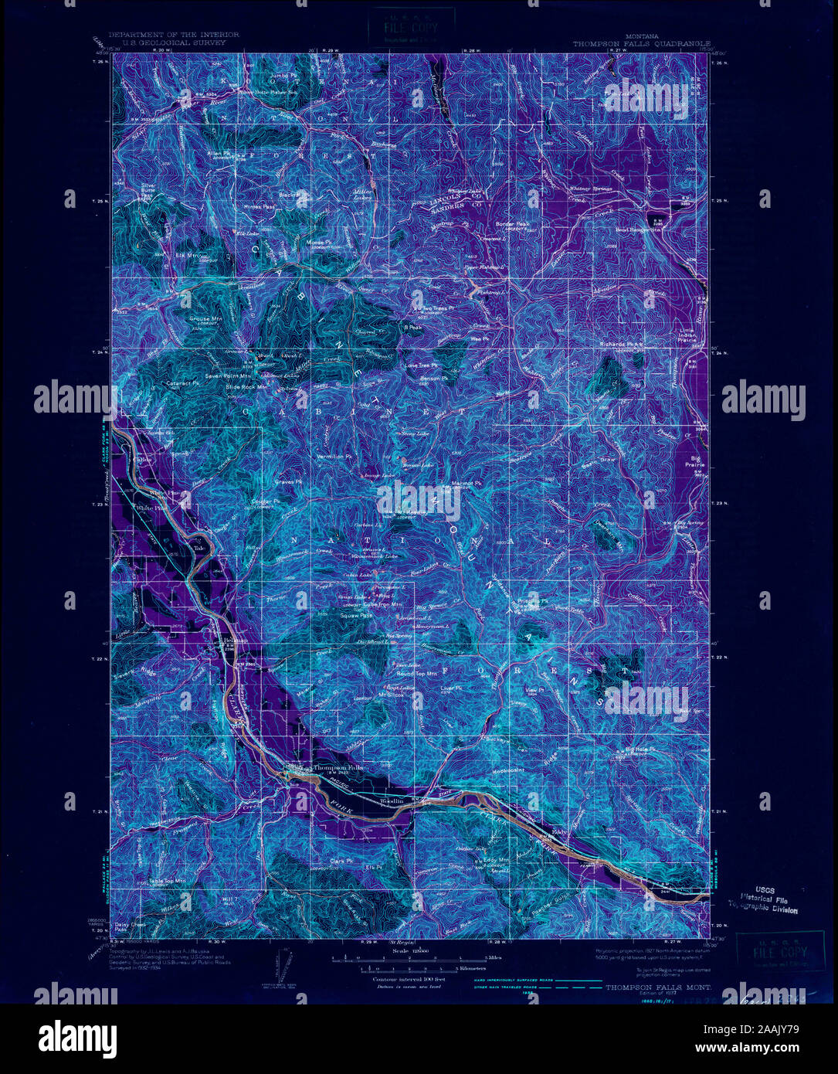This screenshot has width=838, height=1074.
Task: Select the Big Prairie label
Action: (x=694, y=462)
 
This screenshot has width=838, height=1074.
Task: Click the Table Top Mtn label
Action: (x=166, y=880)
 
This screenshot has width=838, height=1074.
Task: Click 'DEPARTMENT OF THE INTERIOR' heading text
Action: (x=174, y=35)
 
